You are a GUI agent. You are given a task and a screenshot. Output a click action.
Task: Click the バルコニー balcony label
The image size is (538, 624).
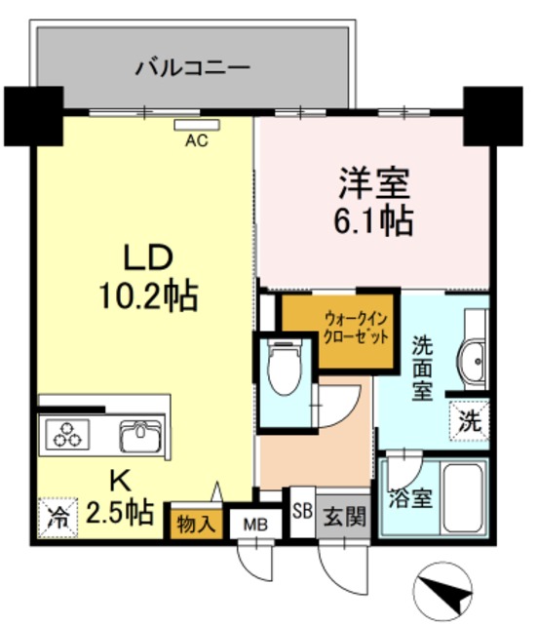pyautogui.click(x=193, y=68)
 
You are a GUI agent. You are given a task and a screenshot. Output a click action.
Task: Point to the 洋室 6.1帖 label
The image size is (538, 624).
pyautogui.click(x=375, y=202)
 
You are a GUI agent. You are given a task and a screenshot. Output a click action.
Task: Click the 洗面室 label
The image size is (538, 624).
pyautogui.click(x=422, y=369)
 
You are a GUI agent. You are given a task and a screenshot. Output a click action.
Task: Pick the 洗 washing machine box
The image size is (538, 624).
pyautogui.click(x=469, y=422)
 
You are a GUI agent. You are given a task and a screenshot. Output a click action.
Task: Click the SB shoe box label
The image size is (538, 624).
pyautogui.click(x=302, y=510)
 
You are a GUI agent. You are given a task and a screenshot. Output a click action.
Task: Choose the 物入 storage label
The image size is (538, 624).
pyautogui.click(x=199, y=522)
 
